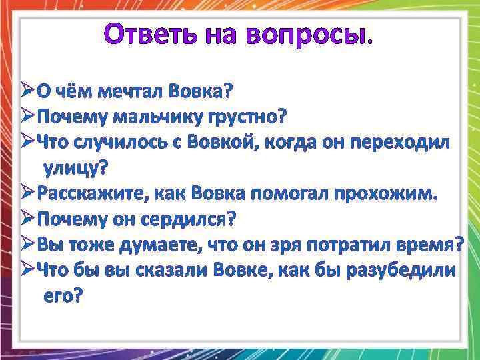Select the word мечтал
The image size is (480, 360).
(131, 90)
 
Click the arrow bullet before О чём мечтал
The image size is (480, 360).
(27, 90)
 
